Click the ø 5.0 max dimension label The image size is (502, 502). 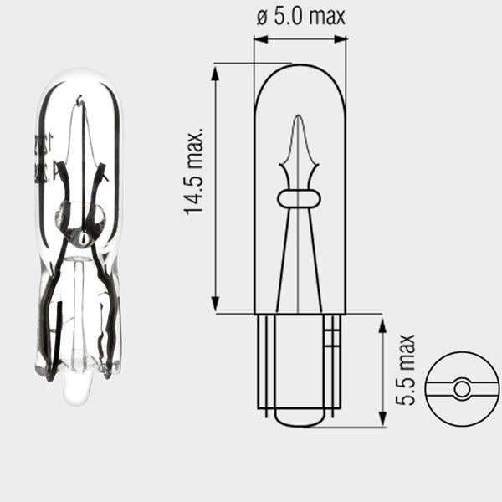[x=300, y=17]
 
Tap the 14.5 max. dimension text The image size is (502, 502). [x=194, y=172]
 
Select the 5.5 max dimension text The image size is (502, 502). [x=405, y=370]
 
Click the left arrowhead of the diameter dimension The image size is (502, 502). [x=260, y=39]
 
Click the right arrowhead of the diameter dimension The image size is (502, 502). [x=340, y=39]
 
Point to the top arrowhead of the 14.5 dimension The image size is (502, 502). [x=216, y=72]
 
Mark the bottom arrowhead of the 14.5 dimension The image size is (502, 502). [x=216, y=304]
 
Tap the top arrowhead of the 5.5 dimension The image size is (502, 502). [x=382, y=325]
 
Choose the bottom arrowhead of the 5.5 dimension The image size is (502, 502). [x=382, y=419]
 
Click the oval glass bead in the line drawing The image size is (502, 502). [x=299, y=198]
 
